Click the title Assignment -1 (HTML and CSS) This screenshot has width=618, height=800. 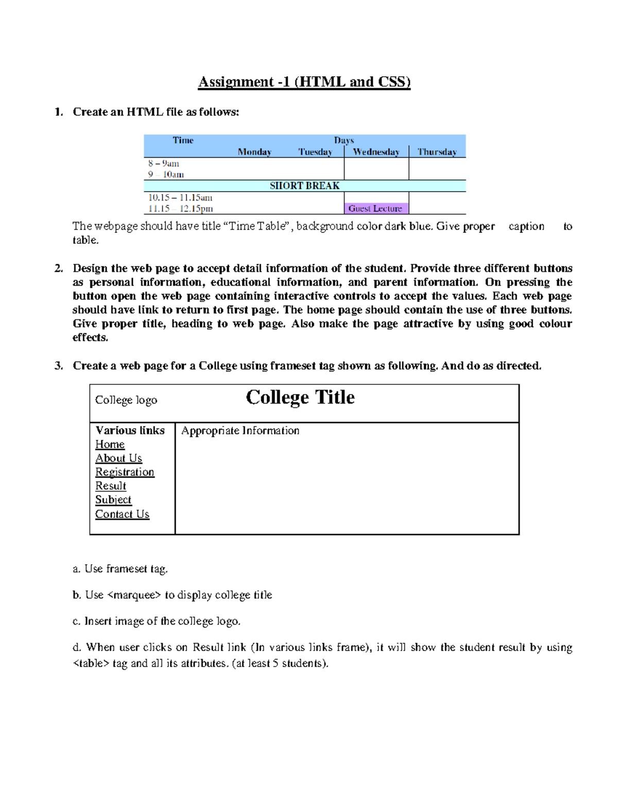[304, 82]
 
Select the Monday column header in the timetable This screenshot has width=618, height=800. [254, 152]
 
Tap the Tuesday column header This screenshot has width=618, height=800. [315, 152]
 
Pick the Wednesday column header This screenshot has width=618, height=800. [376, 152]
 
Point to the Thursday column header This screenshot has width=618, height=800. [437, 152]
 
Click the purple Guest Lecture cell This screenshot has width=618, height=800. [375, 209]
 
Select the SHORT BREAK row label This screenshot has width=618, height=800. [304, 186]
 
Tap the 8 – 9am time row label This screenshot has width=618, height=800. [164, 163]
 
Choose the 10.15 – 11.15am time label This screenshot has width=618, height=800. [180, 197]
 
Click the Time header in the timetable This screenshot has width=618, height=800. [183, 140]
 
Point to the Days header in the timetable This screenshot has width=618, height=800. [344, 140]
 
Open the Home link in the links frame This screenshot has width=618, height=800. [110, 445]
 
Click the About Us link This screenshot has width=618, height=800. [118, 458]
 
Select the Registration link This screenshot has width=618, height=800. [125, 472]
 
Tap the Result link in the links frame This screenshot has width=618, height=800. [111, 486]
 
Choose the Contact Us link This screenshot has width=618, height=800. [122, 514]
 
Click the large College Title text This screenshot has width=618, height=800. [300, 397]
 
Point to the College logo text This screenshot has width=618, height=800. [126, 400]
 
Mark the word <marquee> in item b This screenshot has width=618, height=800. [134, 595]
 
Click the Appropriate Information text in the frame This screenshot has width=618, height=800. [240, 431]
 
